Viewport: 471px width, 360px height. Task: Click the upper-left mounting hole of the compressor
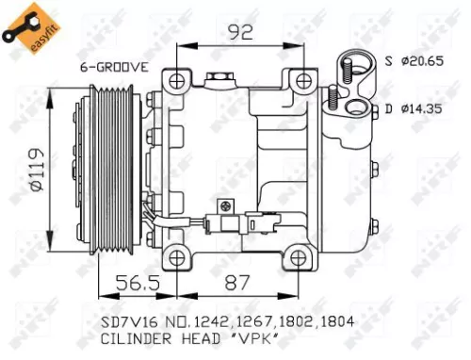click(x=174, y=81)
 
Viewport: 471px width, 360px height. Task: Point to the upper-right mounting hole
click(x=303, y=81)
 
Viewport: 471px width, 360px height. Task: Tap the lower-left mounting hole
click(x=174, y=255)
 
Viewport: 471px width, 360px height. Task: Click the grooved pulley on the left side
click(x=111, y=168)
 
